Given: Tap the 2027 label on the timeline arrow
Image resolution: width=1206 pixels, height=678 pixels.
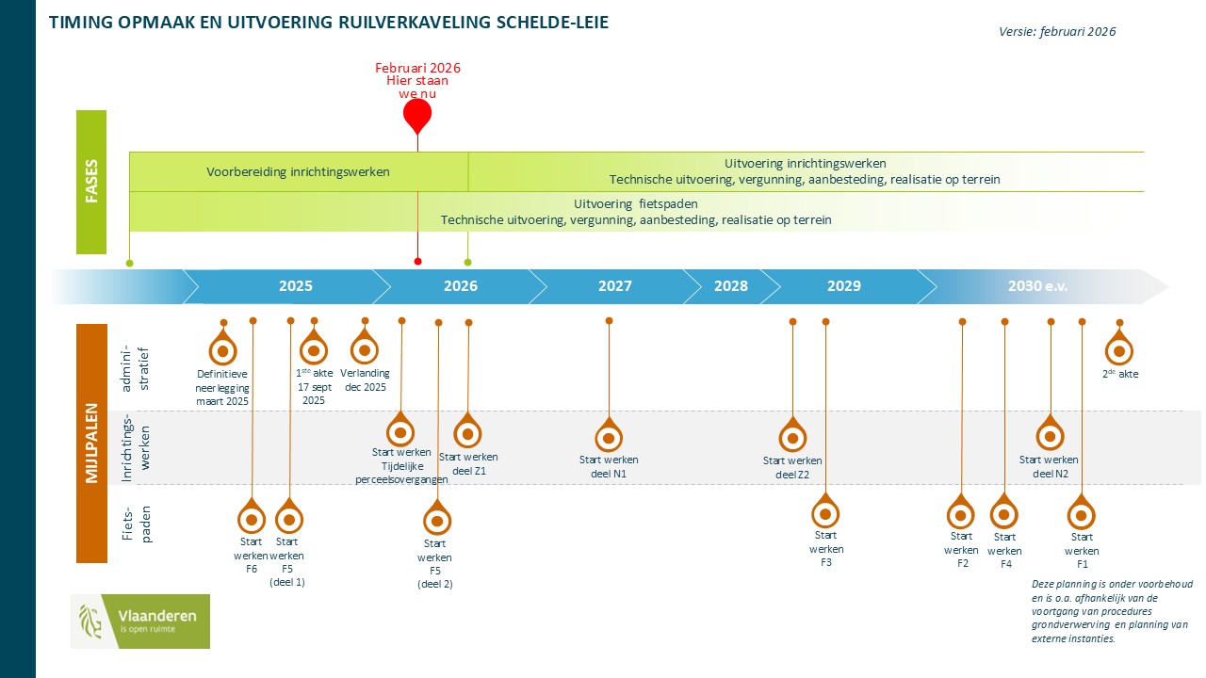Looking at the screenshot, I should coord(615,286).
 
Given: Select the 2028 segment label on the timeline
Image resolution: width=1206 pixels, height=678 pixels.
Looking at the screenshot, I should coord(731,286).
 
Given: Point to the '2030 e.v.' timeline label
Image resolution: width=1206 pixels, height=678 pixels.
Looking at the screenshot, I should coord(1037,286).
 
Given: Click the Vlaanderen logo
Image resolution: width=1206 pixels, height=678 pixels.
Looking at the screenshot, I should coord(140,621).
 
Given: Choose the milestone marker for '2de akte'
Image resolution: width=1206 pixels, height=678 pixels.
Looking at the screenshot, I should coord(1119,350).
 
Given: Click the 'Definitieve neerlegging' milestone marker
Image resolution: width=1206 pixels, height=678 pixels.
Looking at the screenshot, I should coord(223,351).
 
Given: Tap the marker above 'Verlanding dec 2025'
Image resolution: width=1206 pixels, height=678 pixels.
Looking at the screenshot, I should coord(364,350).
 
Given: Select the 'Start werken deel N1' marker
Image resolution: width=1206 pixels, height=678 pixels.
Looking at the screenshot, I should coord(609,438).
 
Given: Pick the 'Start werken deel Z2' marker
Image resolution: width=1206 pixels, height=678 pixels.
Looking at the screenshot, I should coord(792,438).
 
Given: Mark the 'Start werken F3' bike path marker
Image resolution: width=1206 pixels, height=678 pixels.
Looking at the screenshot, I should coord(825,514).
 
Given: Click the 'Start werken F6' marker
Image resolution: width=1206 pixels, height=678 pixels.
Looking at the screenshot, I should coord(252,519).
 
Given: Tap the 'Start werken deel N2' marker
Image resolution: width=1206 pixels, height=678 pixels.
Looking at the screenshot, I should coord(1050,436).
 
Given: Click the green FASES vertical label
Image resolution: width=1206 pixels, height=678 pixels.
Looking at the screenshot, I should coord(91,182).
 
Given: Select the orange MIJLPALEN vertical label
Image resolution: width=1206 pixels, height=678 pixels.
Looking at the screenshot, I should coord(91,444).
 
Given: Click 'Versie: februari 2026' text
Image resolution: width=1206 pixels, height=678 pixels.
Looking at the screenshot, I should coord(1057,31).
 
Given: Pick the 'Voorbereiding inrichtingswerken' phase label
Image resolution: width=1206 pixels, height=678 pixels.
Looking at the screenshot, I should coord(298,172).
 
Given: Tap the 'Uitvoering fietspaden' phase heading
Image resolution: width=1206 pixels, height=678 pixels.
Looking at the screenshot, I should coord(636,204).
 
